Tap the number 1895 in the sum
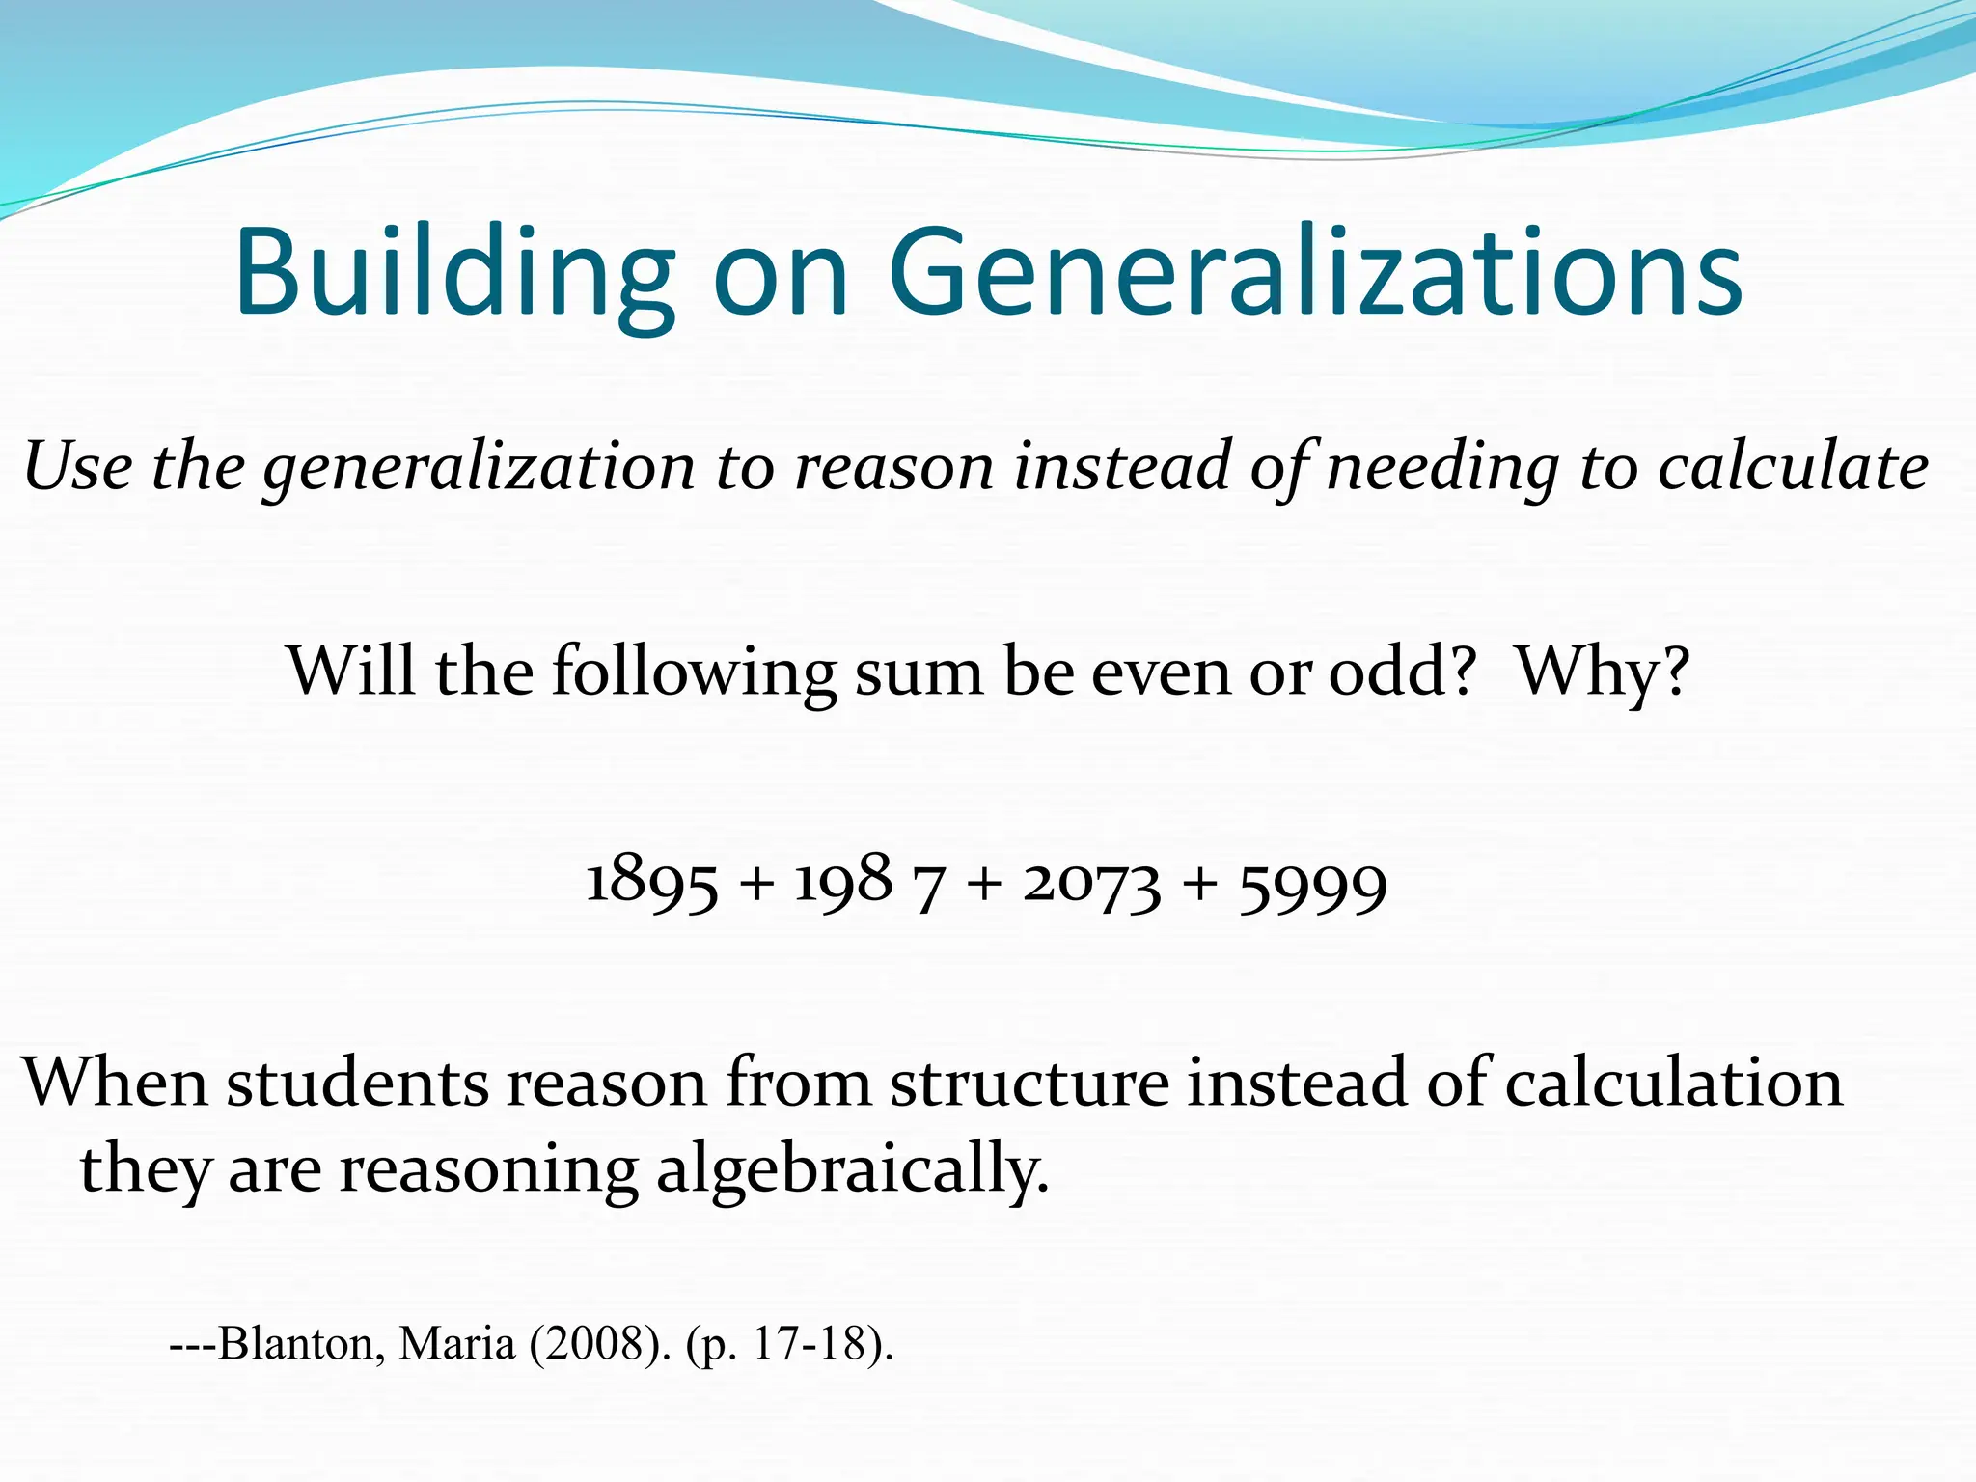[x=652, y=883]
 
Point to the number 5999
[x=1313, y=886]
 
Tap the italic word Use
[x=78, y=467]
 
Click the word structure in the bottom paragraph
[x=1029, y=1083]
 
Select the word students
[x=358, y=1083]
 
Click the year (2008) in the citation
[x=599, y=1343]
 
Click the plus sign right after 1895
[x=757, y=884]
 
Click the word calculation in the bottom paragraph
[x=1673, y=1083]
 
